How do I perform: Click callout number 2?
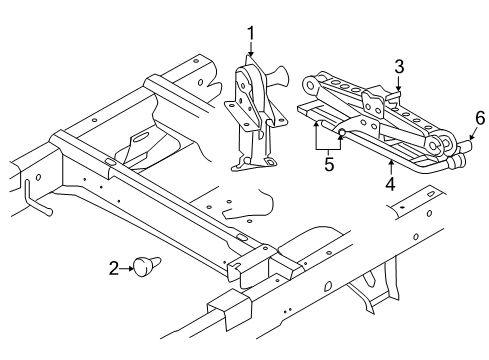(114, 267)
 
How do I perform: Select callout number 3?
(398, 66)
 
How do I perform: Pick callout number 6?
(479, 119)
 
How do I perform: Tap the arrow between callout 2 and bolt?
(129, 267)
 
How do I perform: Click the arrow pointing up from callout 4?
(389, 167)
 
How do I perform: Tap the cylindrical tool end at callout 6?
(463, 153)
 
